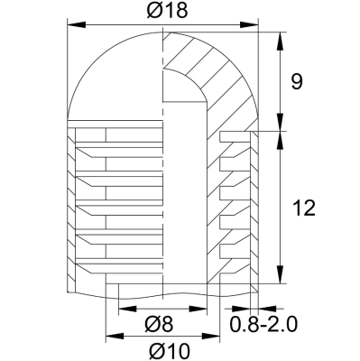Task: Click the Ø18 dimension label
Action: click(x=162, y=11)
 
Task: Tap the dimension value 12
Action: click(x=304, y=208)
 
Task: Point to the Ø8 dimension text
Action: click(x=160, y=322)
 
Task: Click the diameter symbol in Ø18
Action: click(x=151, y=11)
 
